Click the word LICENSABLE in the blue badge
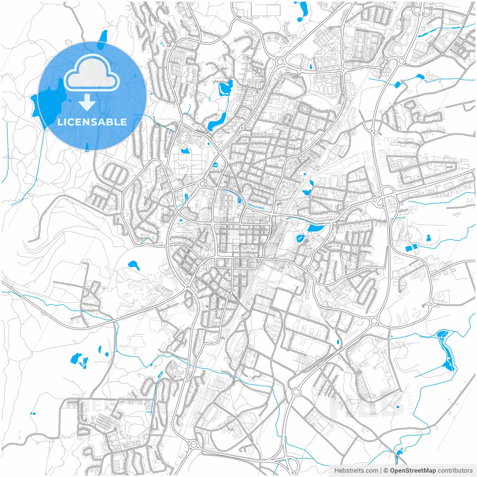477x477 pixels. [92, 122]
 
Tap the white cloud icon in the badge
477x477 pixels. [91, 74]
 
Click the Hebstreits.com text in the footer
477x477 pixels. [356, 471]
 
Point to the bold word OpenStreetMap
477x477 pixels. [413, 471]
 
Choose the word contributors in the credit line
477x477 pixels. [455, 471]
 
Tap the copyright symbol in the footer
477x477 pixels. [386, 471]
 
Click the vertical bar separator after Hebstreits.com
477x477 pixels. [381, 471]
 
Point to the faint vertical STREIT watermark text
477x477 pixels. [410, 403]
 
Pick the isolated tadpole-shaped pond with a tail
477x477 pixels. [133, 265]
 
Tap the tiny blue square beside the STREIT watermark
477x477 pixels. [398, 407]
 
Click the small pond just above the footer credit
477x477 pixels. [399, 452]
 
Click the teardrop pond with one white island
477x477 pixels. [300, 238]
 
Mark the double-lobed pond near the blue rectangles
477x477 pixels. [428, 237]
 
